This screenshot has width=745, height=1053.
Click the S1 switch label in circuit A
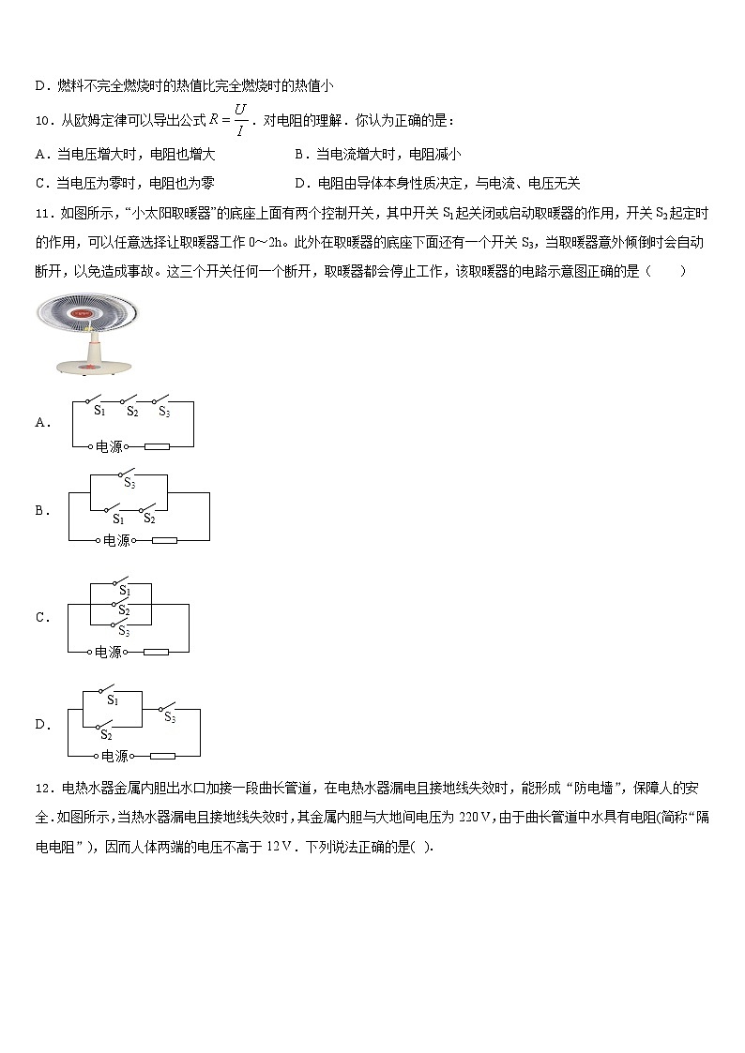[x=99, y=411]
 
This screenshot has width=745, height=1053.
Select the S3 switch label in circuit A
[x=163, y=411]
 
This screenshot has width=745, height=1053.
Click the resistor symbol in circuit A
[x=156, y=447]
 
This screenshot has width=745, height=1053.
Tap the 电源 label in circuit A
[x=109, y=447]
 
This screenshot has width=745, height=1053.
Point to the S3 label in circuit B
[x=129, y=485]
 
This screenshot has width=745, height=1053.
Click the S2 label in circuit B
[x=149, y=519]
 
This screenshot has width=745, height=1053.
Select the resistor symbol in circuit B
[x=163, y=540]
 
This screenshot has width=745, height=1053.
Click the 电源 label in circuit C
[x=108, y=652]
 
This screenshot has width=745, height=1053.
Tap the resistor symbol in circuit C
[x=155, y=652]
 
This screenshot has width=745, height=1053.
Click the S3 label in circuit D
[x=170, y=717]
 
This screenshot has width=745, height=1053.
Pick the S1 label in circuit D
[x=112, y=699]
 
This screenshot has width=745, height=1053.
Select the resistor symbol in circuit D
[x=162, y=756]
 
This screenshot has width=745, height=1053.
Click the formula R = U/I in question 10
[x=229, y=121]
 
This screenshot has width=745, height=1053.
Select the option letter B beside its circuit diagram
[x=41, y=511]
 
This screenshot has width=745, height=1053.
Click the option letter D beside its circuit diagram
[x=41, y=724]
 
